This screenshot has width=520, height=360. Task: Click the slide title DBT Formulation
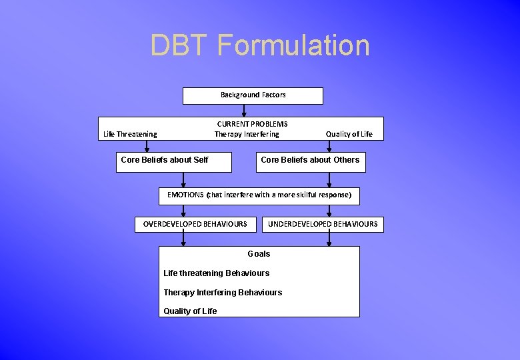tap(259, 45)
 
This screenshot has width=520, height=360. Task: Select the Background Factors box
tap(253, 95)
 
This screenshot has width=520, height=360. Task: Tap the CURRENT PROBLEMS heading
tap(252, 124)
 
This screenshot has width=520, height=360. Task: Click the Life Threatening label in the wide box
tap(130, 134)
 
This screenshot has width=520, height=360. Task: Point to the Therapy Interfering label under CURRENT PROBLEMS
tap(247, 134)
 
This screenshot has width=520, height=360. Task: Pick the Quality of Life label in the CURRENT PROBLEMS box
tap(349, 134)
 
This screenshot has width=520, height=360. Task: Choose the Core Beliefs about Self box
tap(173, 162)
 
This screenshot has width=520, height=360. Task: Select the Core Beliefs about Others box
tap(311, 162)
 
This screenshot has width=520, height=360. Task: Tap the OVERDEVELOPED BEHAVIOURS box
tap(195, 224)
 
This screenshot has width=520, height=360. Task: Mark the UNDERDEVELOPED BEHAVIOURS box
tap(323, 224)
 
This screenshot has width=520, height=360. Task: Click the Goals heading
tap(259, 254)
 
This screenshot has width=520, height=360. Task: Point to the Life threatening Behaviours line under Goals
tap(216, 273)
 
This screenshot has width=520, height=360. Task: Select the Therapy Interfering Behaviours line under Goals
tap(223, 293)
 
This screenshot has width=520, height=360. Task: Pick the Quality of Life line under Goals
tap(190, 311)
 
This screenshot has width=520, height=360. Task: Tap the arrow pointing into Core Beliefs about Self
tap(147, 147)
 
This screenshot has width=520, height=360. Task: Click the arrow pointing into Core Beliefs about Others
tap(329, 147)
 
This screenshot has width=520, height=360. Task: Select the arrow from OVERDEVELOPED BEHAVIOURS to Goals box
tap(184, 239)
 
